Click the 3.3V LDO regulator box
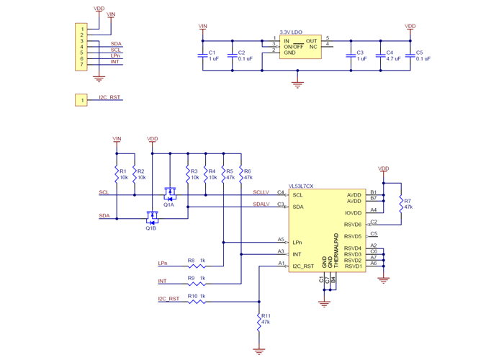click(300, 48)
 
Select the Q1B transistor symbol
click(152, 217)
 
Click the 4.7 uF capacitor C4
click(381, 55)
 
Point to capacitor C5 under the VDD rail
click(410, 55)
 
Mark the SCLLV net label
click(261, 192)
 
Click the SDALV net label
click(261, 204)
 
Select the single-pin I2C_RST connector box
click(81, 99)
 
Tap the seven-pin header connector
click(81, 48)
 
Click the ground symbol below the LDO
click(297, 85)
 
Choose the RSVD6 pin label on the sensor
click(353, 225)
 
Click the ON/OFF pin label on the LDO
click(293, 47)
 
